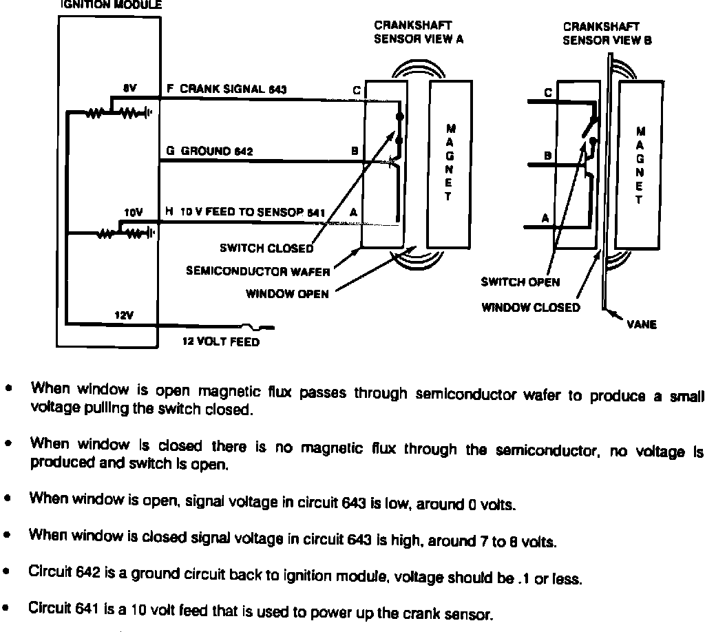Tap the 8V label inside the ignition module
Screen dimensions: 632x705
(x=129, y=89)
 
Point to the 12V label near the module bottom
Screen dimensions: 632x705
(x=123, y=315)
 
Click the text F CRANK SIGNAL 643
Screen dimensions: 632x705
(x=227, y=89)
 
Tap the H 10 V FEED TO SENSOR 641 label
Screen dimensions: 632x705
(x=245, y=213)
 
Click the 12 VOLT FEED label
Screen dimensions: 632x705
(x=220, y=341)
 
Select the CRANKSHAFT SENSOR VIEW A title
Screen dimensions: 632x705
(x=419, y=33)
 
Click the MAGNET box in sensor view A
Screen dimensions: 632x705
(x=450, y=163)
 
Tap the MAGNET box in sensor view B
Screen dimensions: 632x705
(x=640, y=165)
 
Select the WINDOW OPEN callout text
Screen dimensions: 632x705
(x=287, y=294)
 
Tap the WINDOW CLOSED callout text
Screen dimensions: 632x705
(x=530, y=308)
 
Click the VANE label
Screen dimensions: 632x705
(x=642, y=325)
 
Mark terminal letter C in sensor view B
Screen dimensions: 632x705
(x=548, y=92)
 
